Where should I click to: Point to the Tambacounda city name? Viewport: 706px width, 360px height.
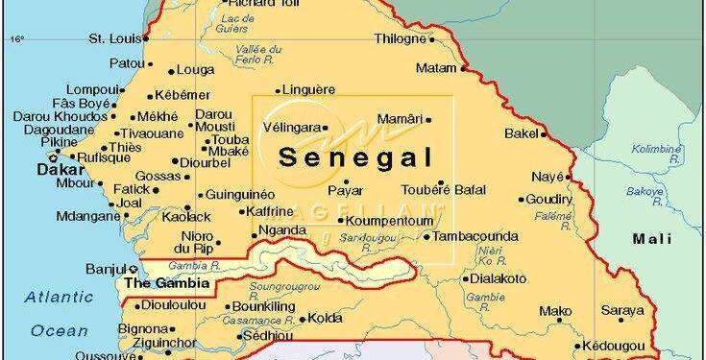(475, 236)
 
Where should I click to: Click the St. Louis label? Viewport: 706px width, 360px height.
(110, 38)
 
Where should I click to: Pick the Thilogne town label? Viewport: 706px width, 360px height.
(399, 38)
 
